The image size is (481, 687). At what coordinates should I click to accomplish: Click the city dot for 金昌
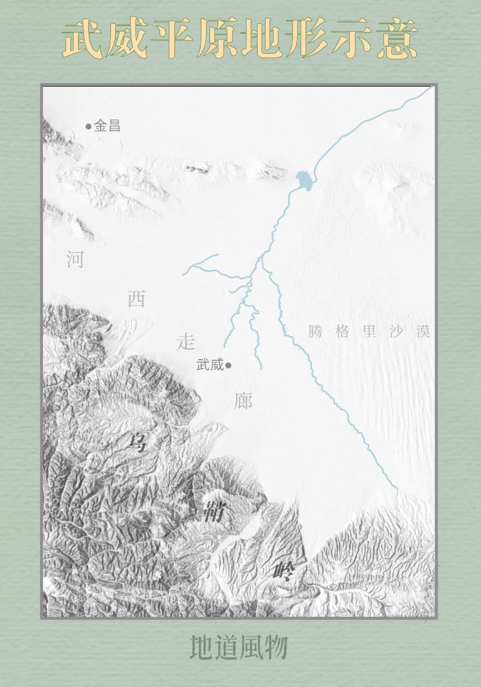[x=88, y=126]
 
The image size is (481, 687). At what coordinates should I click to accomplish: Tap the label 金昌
[x=107, y=126]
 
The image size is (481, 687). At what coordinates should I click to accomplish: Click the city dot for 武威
[x=228, y=366]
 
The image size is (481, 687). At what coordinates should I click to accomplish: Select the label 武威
[x=209, y=365]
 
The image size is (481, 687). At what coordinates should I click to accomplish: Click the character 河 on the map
[x=75, y=259]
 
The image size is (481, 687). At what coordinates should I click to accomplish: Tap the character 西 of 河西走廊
[x=136, y=299]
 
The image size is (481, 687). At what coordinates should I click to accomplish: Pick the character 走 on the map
[x=186, y=341]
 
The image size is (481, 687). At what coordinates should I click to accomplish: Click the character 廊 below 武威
[x=243, y=401]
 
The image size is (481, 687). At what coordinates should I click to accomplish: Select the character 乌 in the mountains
[x=137, y=442]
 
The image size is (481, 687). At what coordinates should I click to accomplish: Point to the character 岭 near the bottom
[x=285, y=571]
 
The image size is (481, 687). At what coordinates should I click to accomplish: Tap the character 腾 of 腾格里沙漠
[x=315, y=332]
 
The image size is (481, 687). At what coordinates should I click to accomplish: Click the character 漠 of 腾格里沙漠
[x=423, y=332]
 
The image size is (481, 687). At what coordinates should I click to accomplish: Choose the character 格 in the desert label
[x=342, y=332]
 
